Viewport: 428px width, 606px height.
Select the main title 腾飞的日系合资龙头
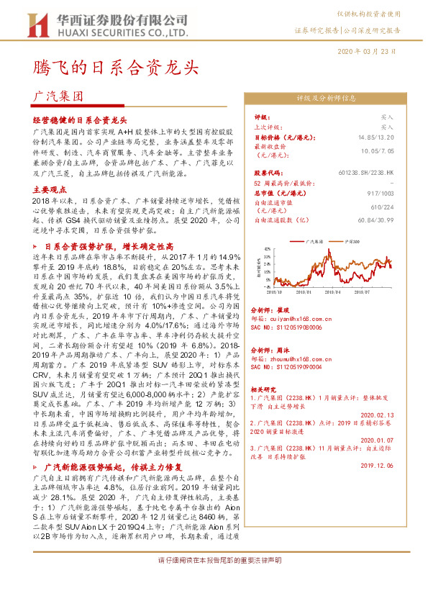tap(115, 68)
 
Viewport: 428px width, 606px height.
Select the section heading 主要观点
tap(49, 189)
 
